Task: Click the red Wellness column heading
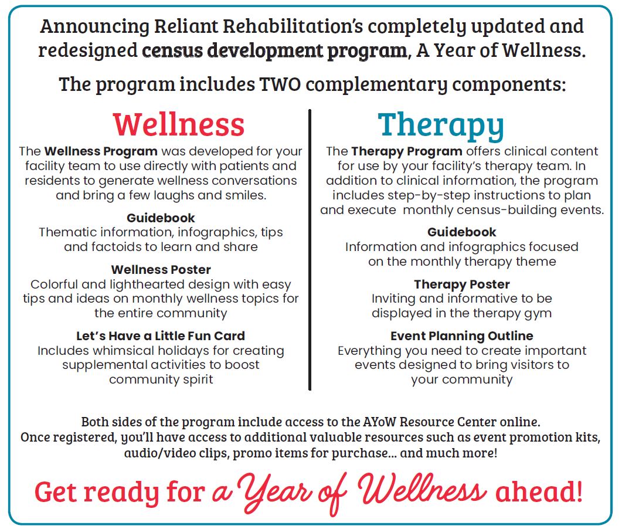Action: pyautogui.click(x=178, y=124)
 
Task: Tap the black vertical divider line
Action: pyautogui.click(x=310, y=250)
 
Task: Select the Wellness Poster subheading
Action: pyautogui.click(x=161, y=269)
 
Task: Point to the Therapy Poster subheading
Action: pyautogui.click(x=462, y=284)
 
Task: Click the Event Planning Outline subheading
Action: pyautogui.click(x=462, y=336)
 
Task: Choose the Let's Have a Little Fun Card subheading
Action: pyautogui.click(x=161, y=335)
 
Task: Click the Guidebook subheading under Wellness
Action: pyautogui.click(x=161, y=218)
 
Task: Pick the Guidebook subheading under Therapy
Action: pyautogui.click(x=462, y=232)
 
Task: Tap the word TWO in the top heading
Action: pyautogui.click(x=280, y=84)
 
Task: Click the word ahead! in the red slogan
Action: pyautogui.click(x=539, y=491)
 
